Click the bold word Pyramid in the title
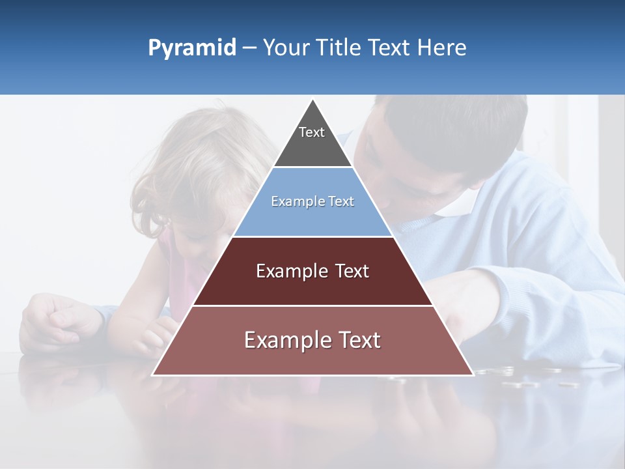coord(192,48)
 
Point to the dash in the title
coord(249,48)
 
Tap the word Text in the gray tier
coord(312,132)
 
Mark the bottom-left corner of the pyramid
coord(153,375)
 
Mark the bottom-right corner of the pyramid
coord(473,375)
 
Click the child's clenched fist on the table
coord(55,319)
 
